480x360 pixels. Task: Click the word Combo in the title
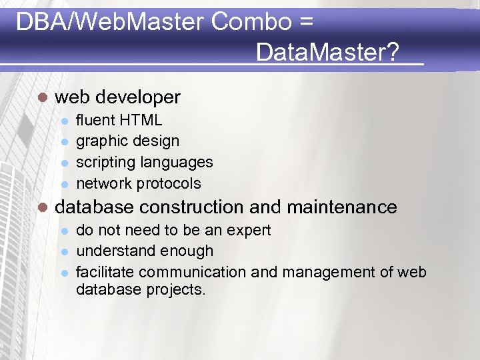(251, 23)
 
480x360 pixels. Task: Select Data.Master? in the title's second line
(327, 51)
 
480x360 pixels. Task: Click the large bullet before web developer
(42, 97)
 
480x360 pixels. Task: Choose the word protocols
(169, 183)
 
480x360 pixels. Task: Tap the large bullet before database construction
(42, 207)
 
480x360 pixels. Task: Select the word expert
(247, 231)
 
